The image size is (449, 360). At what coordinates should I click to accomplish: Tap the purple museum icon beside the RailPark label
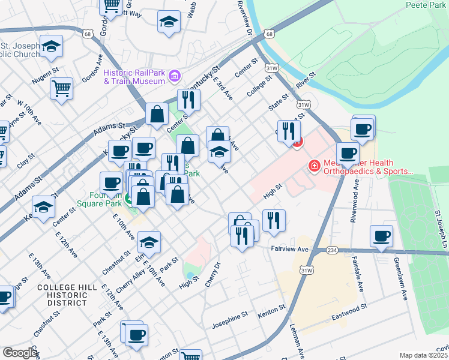tap(175, 76)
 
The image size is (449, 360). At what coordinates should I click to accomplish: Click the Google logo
tap(20, 353)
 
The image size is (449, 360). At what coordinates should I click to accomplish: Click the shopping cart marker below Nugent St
tap(61, 89)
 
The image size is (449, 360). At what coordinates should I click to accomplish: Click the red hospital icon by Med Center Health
tap(313, 166)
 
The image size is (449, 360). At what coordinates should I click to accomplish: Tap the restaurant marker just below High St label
tap(274, 220)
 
